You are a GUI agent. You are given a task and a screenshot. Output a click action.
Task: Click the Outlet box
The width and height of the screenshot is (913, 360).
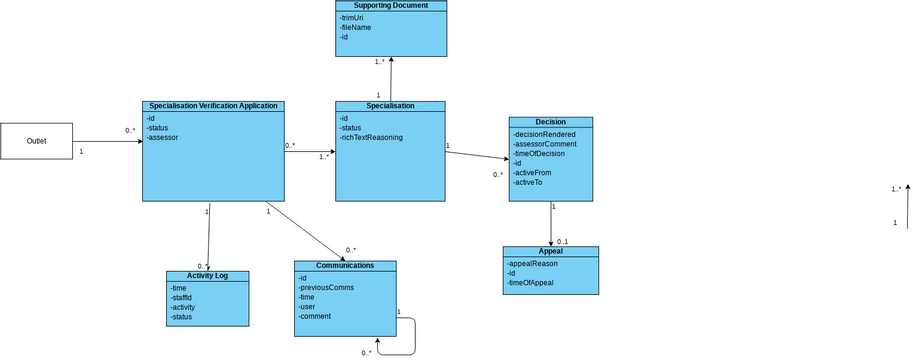click(x=36, y=141)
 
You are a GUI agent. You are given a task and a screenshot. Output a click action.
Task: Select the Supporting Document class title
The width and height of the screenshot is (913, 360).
click(x=390, y=5)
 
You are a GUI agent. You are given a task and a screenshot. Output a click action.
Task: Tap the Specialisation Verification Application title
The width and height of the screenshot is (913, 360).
click(x=213, y=106)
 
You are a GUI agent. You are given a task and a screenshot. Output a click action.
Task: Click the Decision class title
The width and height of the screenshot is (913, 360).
click(x=550, y=122)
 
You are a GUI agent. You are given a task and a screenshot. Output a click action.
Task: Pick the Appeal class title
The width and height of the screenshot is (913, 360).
click(x=550, y=251)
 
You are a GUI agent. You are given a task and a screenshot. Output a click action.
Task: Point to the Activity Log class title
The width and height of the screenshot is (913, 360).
click(x=207, y=276)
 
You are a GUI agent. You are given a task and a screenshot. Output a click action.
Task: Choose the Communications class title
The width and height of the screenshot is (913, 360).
click(x=345, y=266)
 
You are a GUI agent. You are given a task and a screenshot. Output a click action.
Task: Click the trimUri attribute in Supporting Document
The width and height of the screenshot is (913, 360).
click(x=352, y=17)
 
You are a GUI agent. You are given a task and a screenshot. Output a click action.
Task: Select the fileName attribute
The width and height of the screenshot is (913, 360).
click(x=355, y=27)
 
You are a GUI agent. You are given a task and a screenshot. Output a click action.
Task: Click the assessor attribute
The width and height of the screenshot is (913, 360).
click(x=162, y=137)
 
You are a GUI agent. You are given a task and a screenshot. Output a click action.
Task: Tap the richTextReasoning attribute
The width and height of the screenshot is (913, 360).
click(x=371, y=137)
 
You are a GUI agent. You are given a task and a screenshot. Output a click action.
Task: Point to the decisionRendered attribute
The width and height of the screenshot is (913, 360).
click(x=544, y=134)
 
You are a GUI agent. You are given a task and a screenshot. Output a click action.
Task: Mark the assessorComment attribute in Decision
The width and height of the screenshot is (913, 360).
click(x=545, y=144)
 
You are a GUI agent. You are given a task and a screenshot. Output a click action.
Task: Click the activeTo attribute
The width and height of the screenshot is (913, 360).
click(x=527, y=182)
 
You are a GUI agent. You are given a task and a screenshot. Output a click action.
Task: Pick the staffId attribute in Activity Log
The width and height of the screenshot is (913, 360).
click(x=181, y=297)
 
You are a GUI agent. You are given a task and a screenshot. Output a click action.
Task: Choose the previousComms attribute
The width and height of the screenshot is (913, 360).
click(x=326, y=287)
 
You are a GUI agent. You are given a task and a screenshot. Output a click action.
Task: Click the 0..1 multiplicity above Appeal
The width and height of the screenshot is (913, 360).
click(x=562, y=242)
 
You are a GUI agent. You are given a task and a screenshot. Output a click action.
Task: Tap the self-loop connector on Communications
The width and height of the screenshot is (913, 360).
click(x=414, y=337)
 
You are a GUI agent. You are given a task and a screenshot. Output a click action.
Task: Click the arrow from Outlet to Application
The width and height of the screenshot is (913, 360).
click(x=108, y=141)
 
